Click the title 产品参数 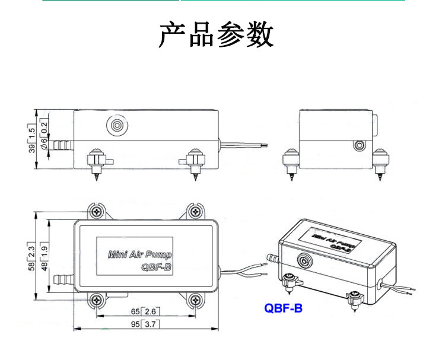[x=216, y=35]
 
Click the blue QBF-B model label [x=282, y=308]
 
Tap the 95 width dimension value [x=135, y=324]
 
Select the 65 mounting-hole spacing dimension [x=135, y=311]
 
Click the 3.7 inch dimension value [x=150, y=324]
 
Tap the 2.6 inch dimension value [x=150, y=311]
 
